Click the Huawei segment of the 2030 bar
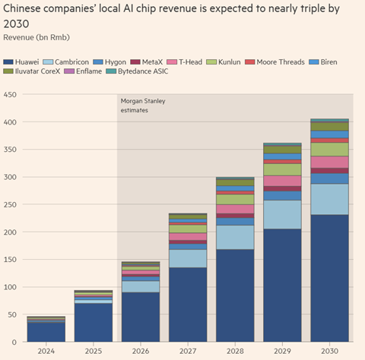329,278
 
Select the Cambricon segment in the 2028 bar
235,237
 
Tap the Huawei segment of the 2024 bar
46,332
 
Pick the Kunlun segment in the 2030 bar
329,150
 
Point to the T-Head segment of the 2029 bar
282,181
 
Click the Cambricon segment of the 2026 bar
141,286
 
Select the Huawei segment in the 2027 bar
188,305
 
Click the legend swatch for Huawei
8,62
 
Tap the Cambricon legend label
71,62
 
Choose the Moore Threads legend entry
275,62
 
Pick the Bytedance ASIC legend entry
137,71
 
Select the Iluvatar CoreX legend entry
32,71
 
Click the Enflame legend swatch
69,71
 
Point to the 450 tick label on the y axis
10,95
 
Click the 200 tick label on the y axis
10,232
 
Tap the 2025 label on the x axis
94,351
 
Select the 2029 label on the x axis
282,351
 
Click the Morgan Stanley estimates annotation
143,106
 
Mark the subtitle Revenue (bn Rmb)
36,37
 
